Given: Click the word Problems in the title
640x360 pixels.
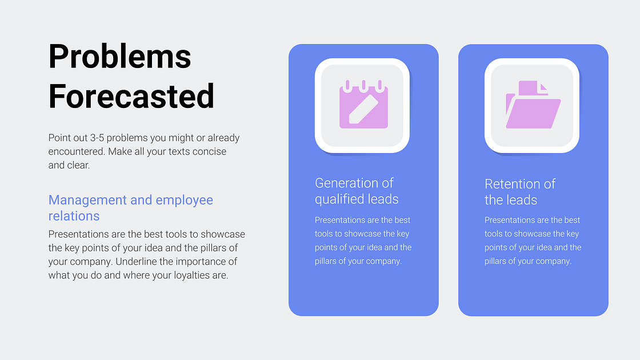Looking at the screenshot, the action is pyautogui.click(x=119, y=57).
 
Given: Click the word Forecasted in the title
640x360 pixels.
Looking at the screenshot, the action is pyautogui.click(x=131, y=97).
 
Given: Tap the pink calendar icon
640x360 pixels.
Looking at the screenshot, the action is pyautogui.click(x=363, y=105).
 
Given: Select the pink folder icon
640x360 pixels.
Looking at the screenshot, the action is pyautogui.click(x=533, y=105).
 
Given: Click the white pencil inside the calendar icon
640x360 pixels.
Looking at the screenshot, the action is pyautogui.click(x=363, y=109).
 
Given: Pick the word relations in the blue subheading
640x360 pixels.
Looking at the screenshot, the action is pyautogui.click(x=74, y=216).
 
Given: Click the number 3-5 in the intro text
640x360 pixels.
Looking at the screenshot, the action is pyautogui.click(x=97, y=138).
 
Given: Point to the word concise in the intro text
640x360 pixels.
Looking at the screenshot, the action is pyautogui.click(x=209, y=151).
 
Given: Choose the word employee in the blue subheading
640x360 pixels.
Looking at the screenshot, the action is pyautogui.click(x=185, y=201).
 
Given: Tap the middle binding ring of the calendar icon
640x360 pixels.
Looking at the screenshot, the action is pyautogui.click(x=363, y=86).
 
